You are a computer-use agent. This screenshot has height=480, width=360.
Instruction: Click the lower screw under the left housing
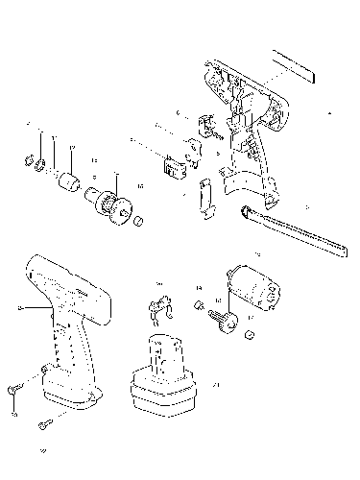coord(44,422)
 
